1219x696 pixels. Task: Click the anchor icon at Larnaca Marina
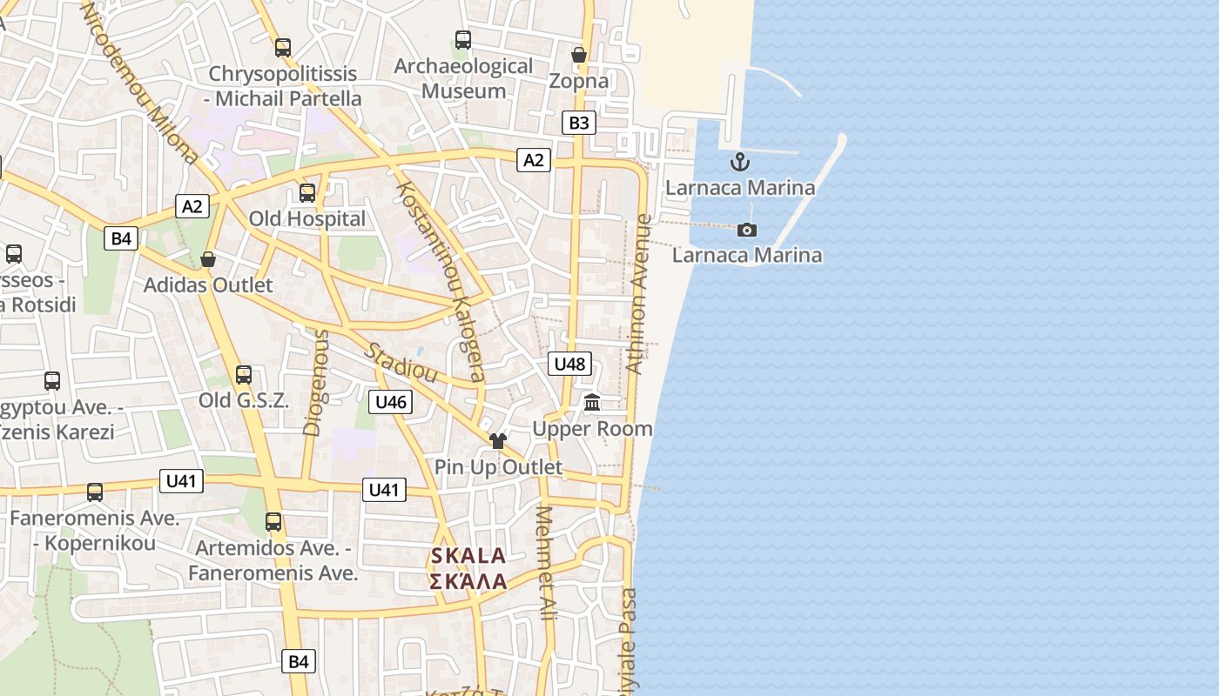tap(739, 162)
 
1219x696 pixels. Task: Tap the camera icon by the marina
tap(747, 230)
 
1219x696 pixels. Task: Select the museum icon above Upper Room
tap(593, 402)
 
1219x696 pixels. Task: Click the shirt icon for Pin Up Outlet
tap(498, 441)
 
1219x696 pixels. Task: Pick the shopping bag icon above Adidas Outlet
tap(208, 259)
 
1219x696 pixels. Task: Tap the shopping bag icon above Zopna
tap(579, 56)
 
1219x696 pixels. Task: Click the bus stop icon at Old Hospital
tap(307, 193)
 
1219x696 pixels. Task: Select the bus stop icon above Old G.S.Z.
tap(244, 375)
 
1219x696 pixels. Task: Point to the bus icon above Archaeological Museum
tap(463, 40)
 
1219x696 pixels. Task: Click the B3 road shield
tap(579, 123)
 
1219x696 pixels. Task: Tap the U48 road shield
tap(570, 364)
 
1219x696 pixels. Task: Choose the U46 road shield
tap(390, 401)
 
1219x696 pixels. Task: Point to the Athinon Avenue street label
tap(639, 295)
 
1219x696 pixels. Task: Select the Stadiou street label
tap(400, 363)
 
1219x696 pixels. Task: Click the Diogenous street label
tap(315, 382)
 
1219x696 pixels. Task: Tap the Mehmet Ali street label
tap(546, 564)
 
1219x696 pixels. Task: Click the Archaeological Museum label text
tap(475, 78)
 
